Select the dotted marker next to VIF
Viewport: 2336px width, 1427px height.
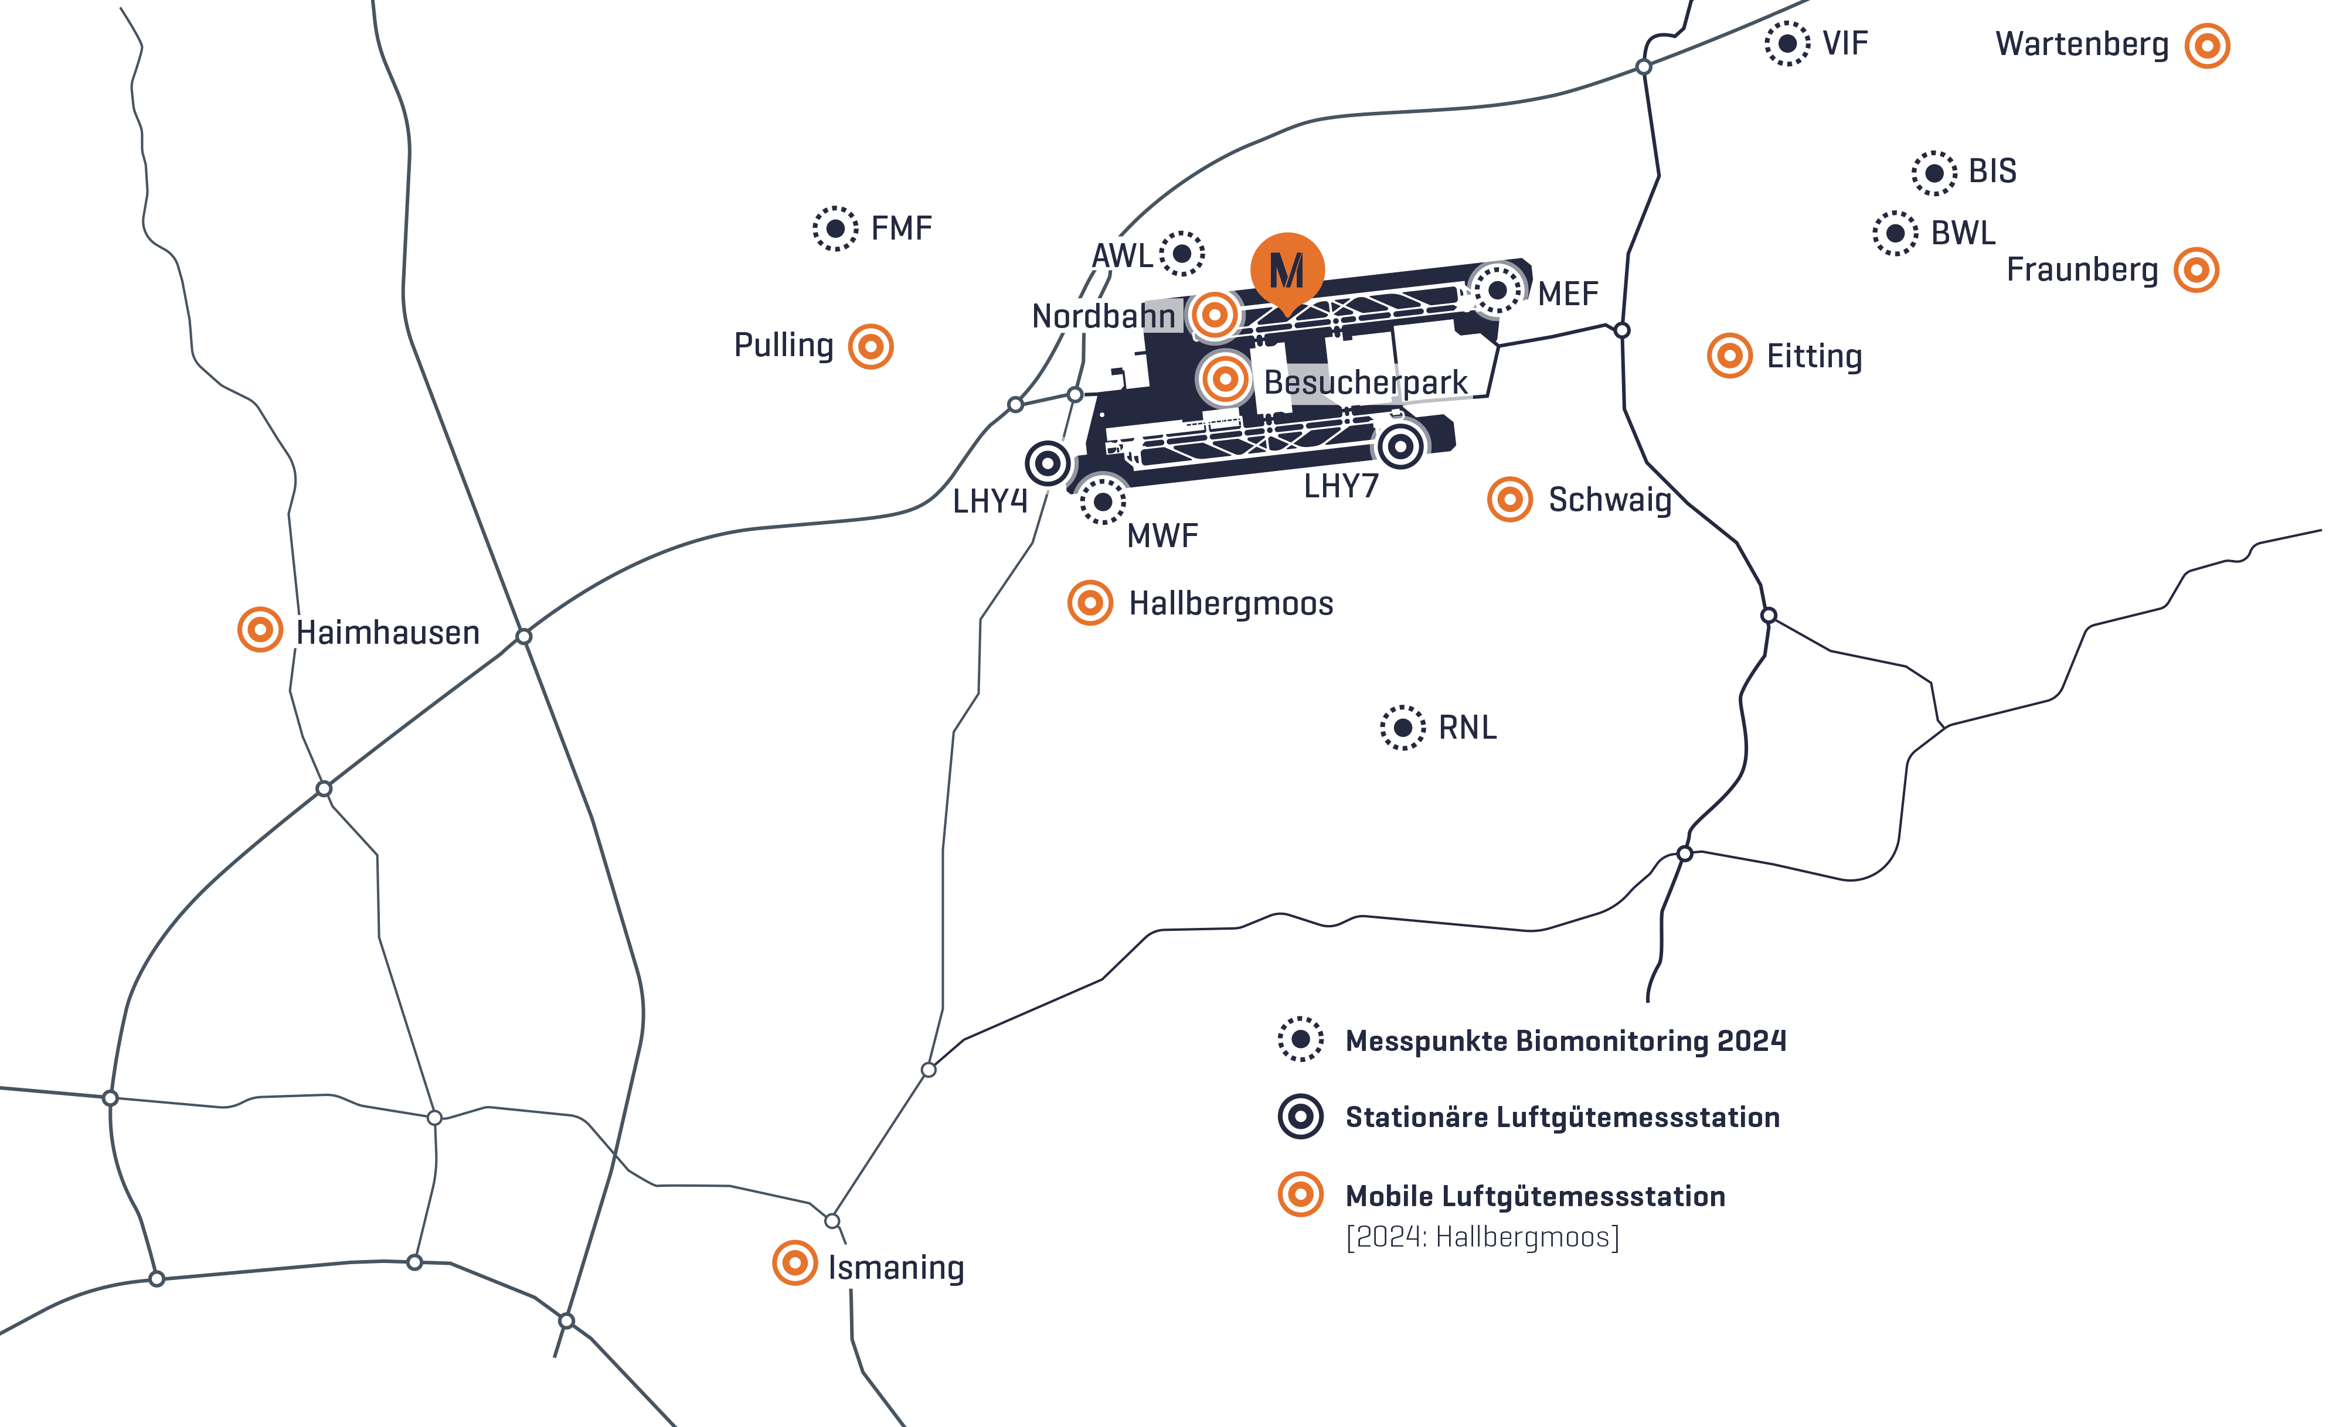(x=1787, y=43)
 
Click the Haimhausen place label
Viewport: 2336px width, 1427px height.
(x=387, y=632)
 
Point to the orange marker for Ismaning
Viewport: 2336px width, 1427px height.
(x=794, y=1263)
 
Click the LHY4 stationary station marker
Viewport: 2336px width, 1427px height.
(x=1048, y=463)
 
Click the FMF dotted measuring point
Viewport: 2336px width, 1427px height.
(x=835, y=228)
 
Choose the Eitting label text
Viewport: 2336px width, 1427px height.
(x=1814, y=356)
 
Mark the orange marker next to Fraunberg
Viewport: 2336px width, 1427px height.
(x=2196, y=270)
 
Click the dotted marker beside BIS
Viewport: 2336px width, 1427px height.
(x=1934, y=173)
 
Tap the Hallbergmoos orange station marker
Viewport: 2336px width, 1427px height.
(x=1090, y=603)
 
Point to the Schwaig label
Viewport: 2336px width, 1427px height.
(x=1610, y=499)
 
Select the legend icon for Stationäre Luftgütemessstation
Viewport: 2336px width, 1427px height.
(x=1301, y=1116)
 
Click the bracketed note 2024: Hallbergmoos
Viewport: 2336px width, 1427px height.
(x=1482, y=1237)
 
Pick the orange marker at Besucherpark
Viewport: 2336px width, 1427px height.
(x=1225, y=379)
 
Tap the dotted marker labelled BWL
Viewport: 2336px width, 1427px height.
(x=1895, y=233)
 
